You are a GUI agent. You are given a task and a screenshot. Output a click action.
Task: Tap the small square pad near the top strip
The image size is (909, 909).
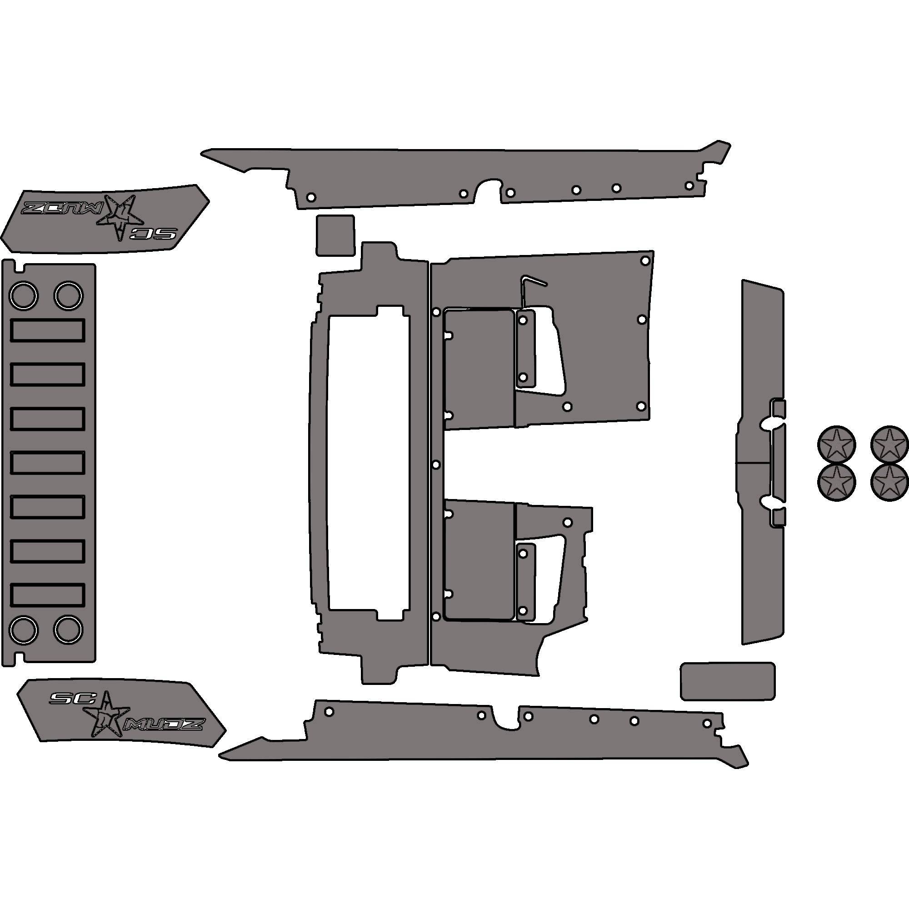click(x=335, y=235)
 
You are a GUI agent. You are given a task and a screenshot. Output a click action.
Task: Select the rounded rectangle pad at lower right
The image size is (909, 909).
click(x=727, y=681)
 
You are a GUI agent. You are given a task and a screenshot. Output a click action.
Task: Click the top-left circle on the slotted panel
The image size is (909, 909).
click(x=23, y=296)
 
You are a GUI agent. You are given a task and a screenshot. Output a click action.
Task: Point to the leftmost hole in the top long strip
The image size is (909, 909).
click(x=310, y=197)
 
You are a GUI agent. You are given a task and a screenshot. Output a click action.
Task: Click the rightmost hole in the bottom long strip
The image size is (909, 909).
click(x=707, y=723)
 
